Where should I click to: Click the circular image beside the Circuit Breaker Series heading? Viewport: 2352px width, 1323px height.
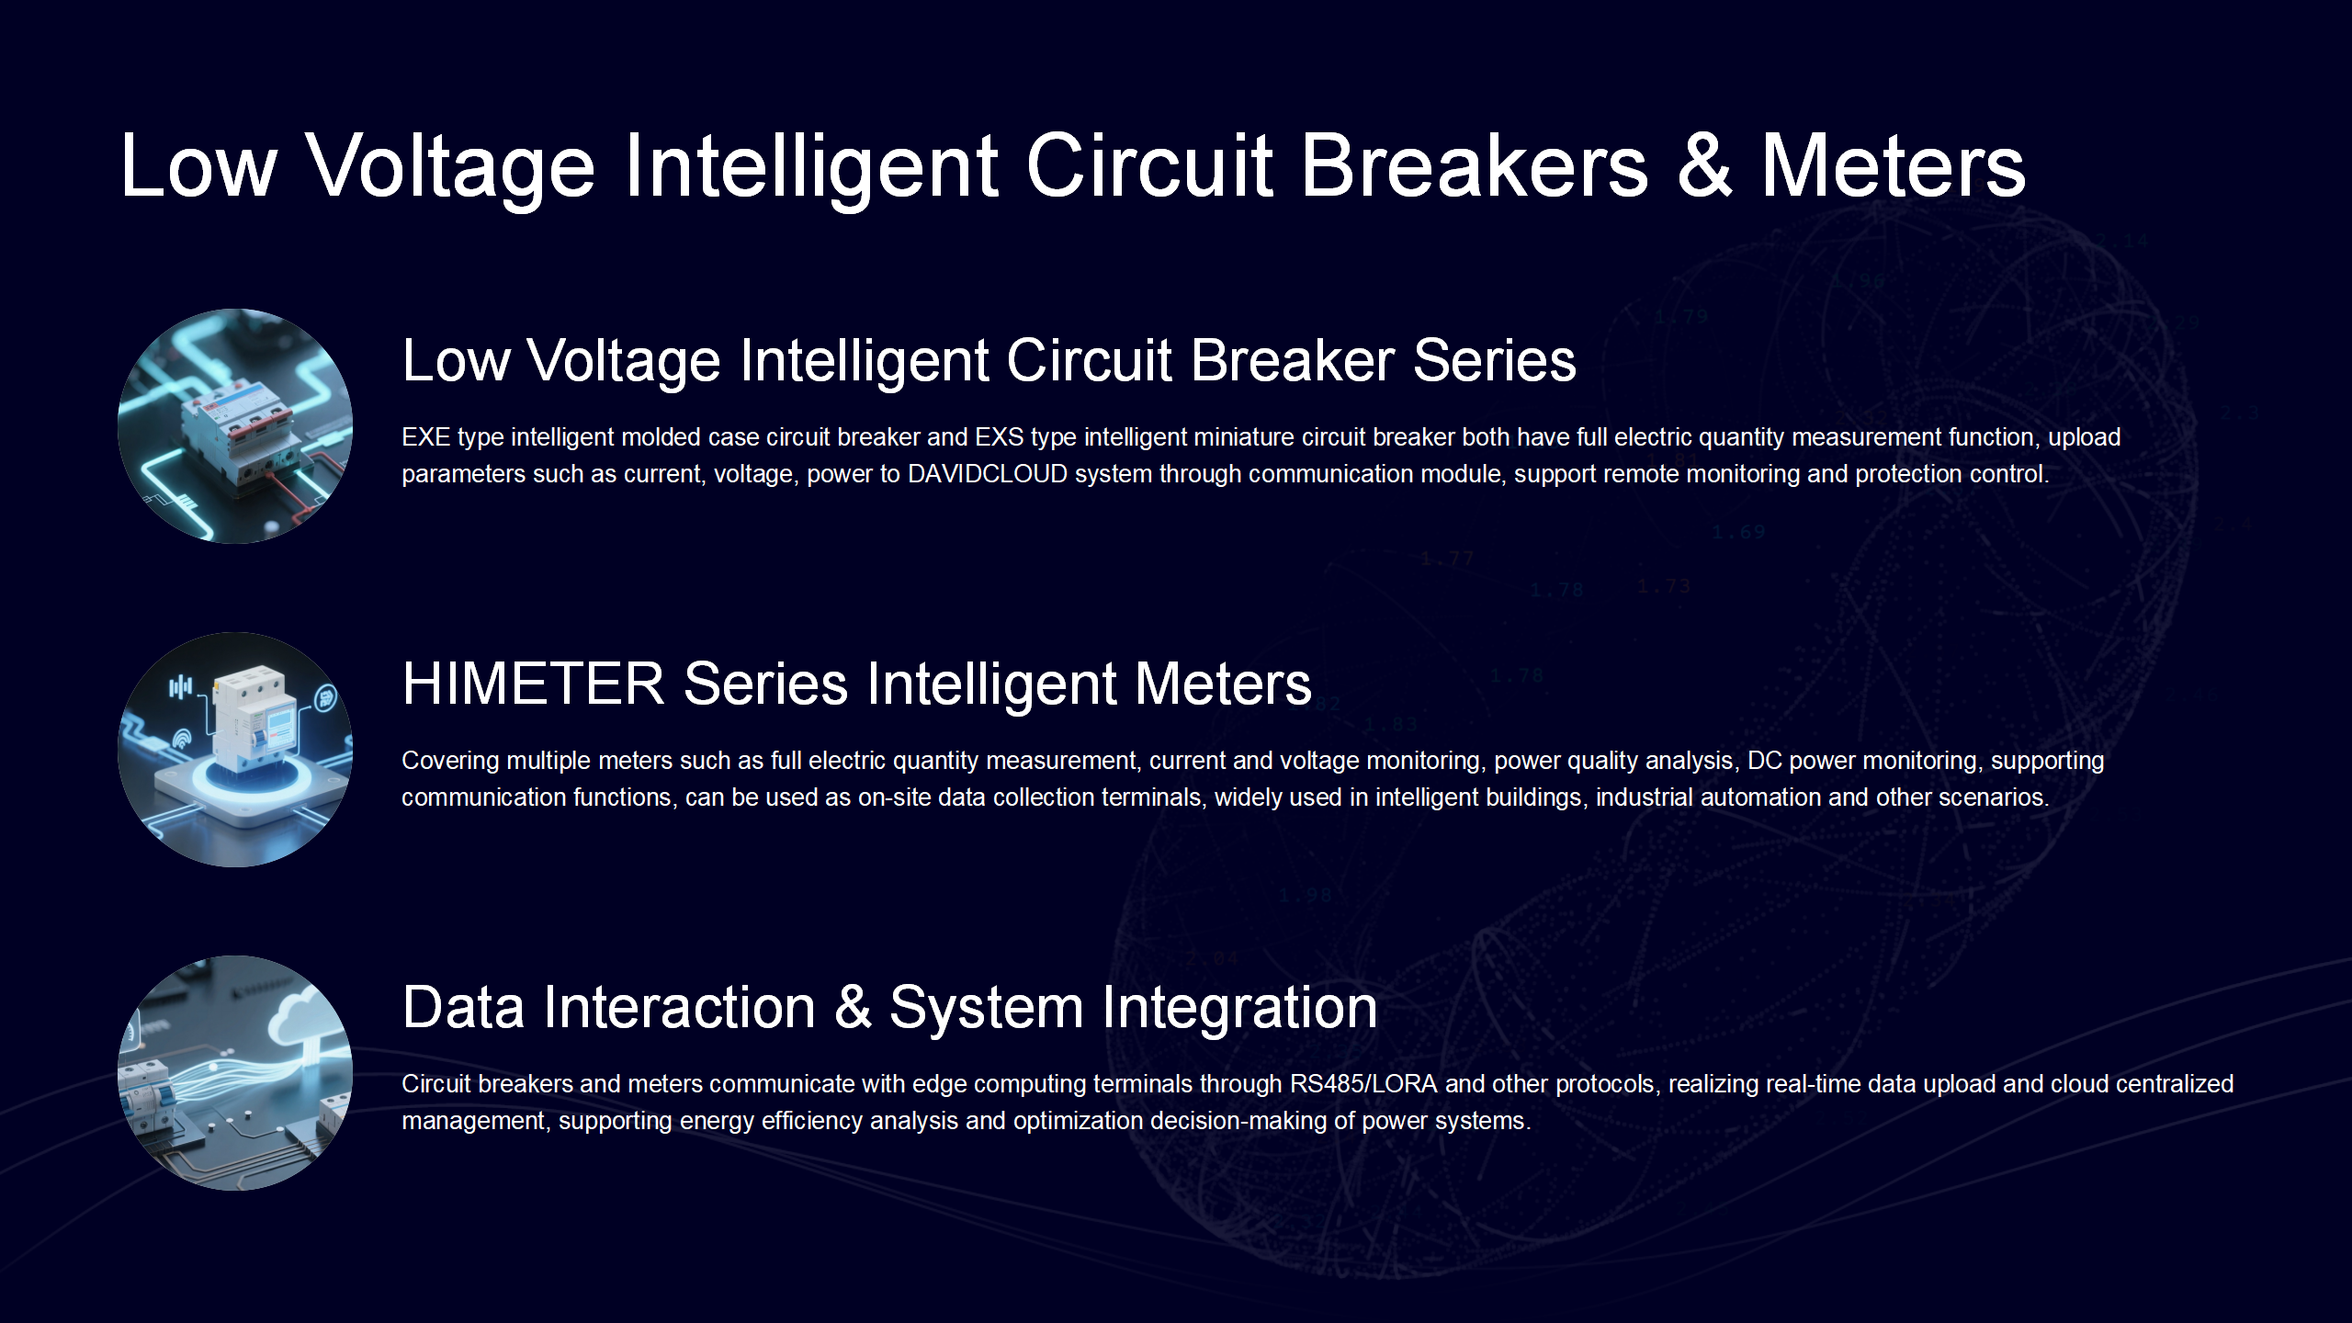(235, 426)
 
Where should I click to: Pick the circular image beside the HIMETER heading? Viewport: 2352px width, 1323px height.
(235, 750)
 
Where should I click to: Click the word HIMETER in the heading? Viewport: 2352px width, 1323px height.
(533, 684)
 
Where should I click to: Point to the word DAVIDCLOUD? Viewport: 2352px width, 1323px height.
(988, 474)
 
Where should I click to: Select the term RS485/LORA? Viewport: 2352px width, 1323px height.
(1363, 1084)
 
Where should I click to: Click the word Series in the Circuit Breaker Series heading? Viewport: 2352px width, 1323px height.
(1495, 360)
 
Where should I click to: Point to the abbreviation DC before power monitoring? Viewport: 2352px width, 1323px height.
(1764, 761)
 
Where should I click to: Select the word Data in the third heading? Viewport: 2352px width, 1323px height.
(463, 1008)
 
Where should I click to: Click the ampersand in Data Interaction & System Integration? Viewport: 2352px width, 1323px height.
(853, 1008)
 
